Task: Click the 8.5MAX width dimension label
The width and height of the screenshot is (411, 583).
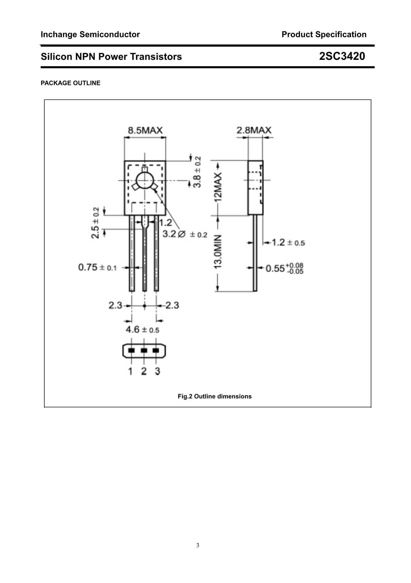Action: click(145, 131)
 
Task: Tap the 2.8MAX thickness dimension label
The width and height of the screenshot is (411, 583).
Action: click(254, 130)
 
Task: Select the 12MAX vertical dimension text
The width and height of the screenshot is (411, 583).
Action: click(218, 187)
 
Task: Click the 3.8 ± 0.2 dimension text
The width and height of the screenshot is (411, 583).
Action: click(197, 172)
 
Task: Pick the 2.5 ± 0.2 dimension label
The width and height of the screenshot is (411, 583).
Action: click(95, 223)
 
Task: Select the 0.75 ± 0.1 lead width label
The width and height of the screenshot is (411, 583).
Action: click(97, 268)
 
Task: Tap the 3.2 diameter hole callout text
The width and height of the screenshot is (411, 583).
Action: click(185, 234)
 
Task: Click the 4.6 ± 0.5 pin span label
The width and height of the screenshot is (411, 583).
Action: click(142, 329)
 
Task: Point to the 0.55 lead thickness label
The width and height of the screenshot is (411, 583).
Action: click(284, 268)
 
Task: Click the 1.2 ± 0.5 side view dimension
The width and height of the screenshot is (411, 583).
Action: click(288, 242)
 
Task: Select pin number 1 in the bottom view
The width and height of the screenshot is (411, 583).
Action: click(130, 371)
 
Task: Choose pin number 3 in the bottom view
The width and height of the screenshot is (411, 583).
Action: click(157, 371)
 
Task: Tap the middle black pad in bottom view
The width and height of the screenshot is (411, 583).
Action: click(144, 350)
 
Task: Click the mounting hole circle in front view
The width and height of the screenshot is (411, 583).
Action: click(145, 181)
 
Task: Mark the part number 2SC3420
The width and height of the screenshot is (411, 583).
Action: click(342, 56)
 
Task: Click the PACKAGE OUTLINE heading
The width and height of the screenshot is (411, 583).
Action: click(70, 83)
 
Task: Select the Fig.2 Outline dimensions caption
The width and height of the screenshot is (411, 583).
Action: click(214, 396)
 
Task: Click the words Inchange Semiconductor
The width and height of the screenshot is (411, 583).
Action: click(90, 34)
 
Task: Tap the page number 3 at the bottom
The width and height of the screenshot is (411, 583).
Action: click(198, 545)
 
